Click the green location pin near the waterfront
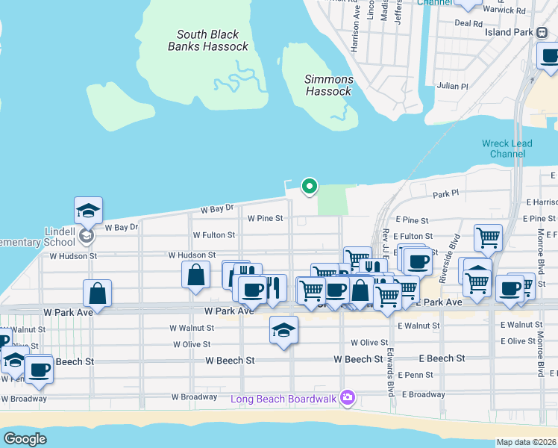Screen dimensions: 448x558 tap(309, 186)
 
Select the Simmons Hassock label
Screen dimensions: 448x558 tap(328, 85)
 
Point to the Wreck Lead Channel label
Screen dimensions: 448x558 tap(507, 149)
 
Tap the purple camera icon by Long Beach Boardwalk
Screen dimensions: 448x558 tap(347, 397)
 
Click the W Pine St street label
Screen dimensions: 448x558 tap(266, 219)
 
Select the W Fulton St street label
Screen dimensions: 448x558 tap(213, 234)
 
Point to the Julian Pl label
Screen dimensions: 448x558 tap(452, 87)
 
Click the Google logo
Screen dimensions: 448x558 tap(25, 439)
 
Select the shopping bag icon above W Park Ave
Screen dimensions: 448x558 tap(98, 293)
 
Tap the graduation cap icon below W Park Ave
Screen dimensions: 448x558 tap(283, 329)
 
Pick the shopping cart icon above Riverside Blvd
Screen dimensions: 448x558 tap(488, 237)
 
